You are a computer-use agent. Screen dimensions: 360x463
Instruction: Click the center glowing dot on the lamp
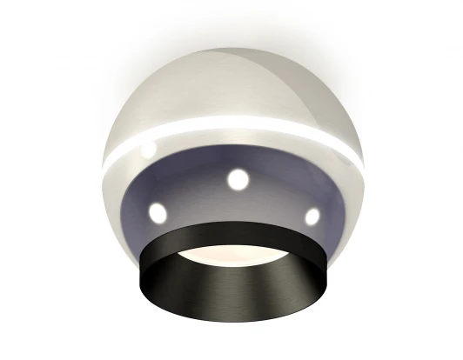click(238, 180)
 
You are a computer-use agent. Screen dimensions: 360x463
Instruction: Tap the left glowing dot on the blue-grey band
click(157, 211)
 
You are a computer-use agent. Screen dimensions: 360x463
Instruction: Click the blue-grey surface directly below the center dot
click(237, 209)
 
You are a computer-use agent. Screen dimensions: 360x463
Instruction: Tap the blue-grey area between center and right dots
click(277, 193)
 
